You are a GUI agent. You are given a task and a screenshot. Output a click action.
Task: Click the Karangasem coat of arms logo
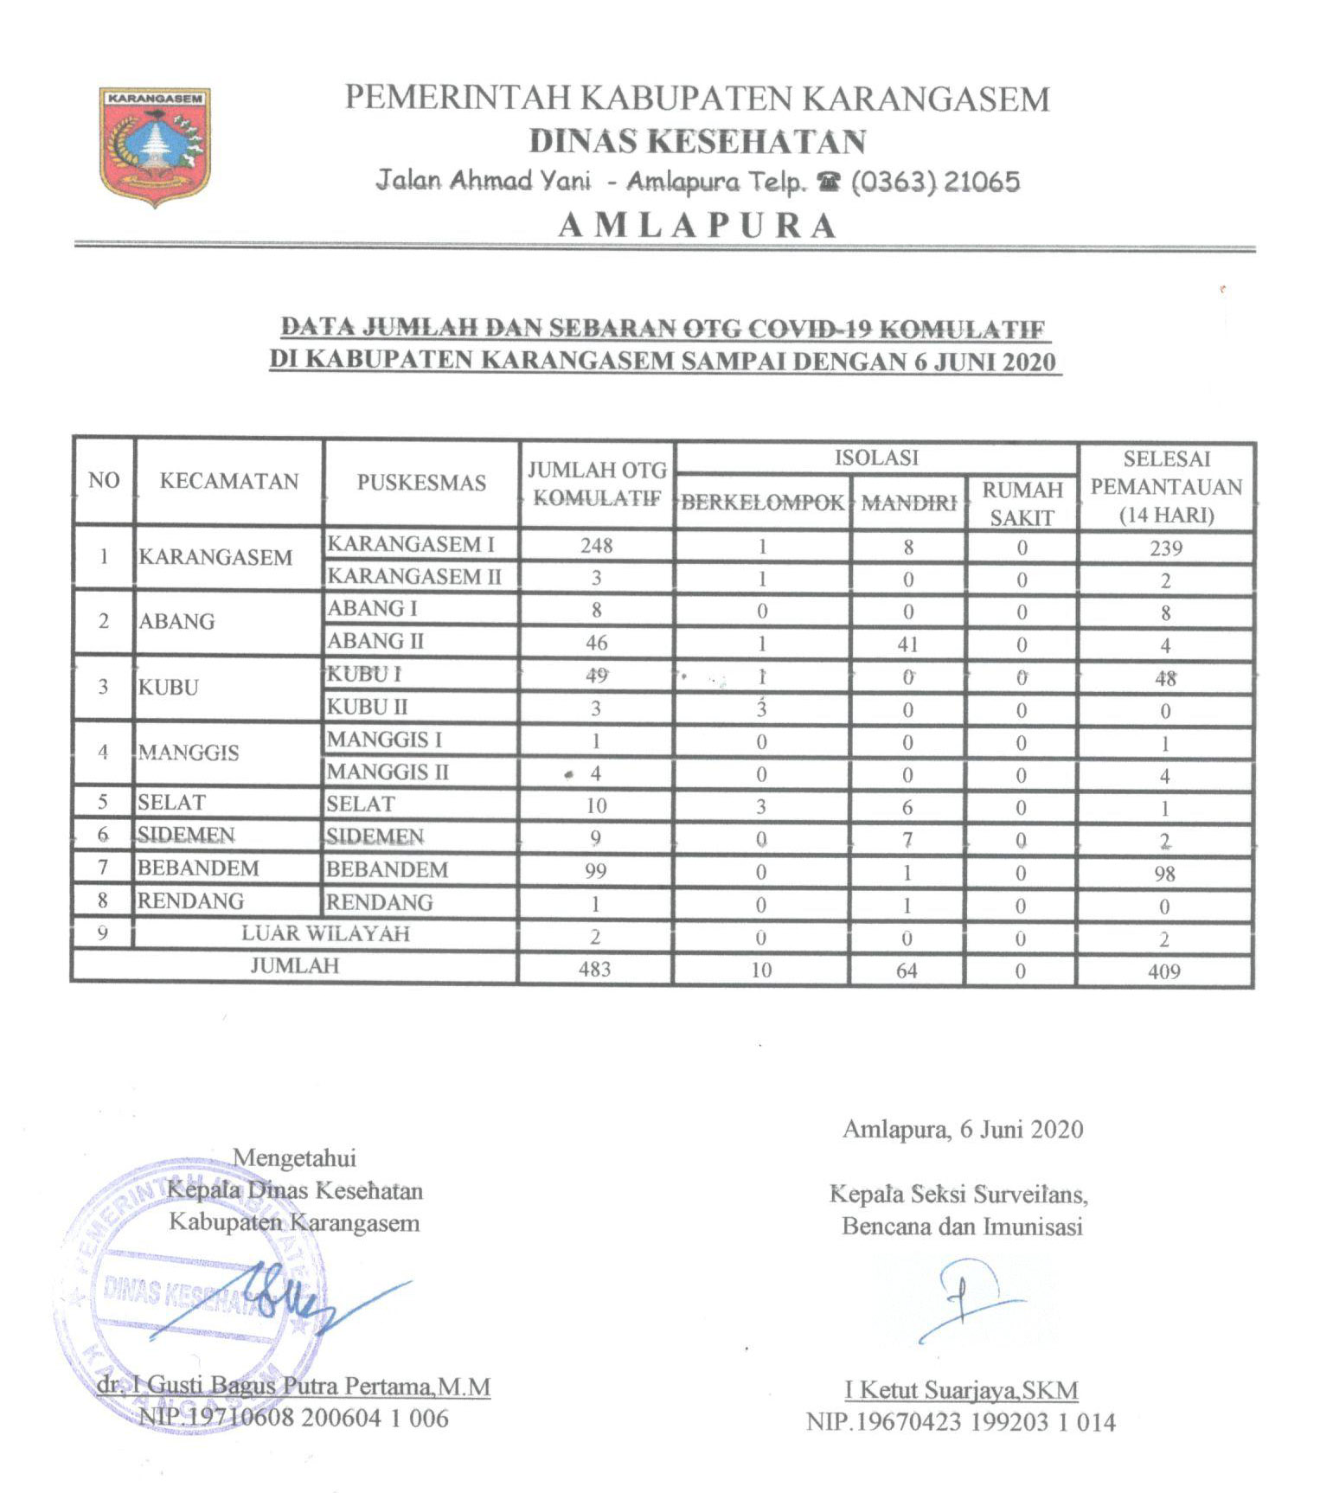pos(155,145)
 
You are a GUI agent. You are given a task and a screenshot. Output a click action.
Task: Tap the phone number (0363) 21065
pos(935,182)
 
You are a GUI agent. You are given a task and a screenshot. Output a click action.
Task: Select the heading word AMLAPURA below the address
pos(697,226)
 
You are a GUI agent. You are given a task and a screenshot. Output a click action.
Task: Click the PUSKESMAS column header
pos(421,483)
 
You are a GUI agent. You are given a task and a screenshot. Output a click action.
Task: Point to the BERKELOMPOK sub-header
pos(762,503)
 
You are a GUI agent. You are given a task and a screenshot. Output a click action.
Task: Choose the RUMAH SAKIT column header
pos(1022,503)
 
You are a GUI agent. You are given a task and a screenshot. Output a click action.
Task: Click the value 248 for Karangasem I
pos(597,546)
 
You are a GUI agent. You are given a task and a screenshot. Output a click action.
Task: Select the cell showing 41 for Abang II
pos(907,644)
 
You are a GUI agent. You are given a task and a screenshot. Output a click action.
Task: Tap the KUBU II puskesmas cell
pos(367,708)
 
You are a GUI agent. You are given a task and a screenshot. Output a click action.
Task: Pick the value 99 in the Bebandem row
pos(595,871)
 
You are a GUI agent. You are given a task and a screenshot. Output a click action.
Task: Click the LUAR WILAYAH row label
pos(325,934)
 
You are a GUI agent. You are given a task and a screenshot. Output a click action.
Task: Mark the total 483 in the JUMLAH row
pos(595,970)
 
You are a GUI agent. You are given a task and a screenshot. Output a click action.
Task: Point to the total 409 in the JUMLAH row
pos(1164,971)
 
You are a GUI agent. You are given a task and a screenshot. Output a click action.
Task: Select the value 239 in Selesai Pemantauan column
pos(1166,548)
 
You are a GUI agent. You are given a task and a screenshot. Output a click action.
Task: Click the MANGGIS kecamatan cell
pos(189,753)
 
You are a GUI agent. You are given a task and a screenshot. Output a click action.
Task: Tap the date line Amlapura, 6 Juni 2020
pos(963,1130)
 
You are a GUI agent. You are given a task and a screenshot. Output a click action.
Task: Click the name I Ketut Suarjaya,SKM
pos(961,1391)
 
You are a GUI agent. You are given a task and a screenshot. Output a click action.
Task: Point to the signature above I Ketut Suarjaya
pos(964,1298)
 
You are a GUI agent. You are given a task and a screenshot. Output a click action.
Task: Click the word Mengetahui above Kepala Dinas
pos(294,1157)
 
